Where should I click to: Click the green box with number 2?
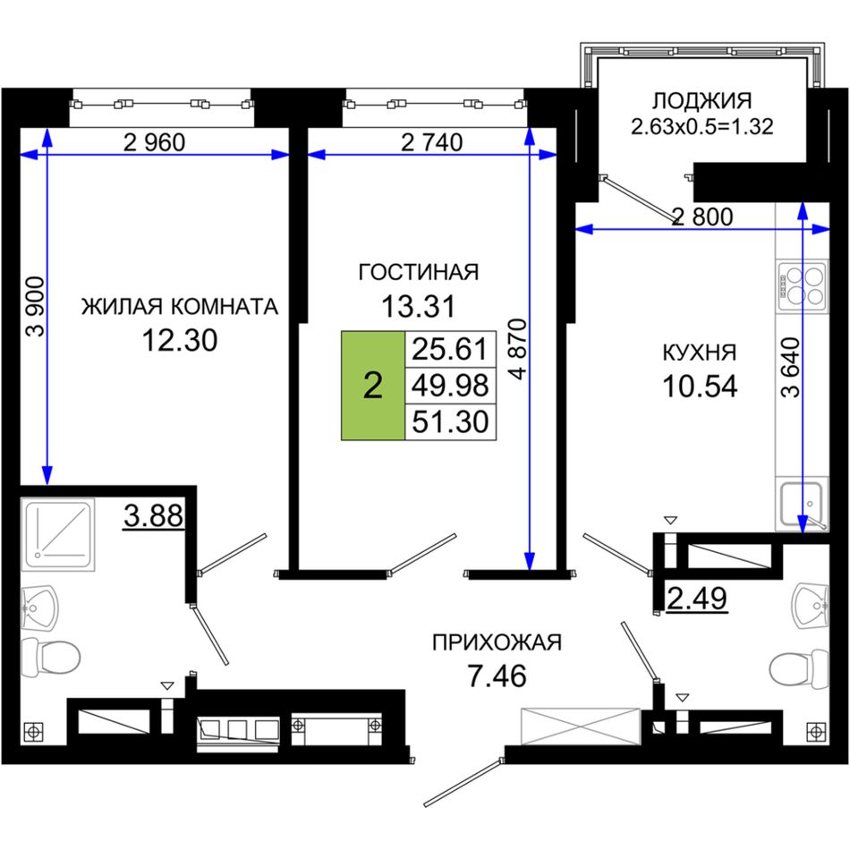(373, 386)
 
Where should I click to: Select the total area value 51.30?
(450, 421)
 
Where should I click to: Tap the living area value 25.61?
(450, 349)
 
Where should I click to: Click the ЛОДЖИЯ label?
(701, 101)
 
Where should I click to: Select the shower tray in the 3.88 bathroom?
(58, 534)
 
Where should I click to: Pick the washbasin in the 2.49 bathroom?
(810, 606)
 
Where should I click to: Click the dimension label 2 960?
(155, 142)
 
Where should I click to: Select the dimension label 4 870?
(518, 349)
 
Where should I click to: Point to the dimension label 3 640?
(790, 367)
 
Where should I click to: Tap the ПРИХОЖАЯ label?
(497, 642)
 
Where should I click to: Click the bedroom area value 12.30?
(180, 340)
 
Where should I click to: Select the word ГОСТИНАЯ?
(419, 272)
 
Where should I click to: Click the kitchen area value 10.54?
(700, 387)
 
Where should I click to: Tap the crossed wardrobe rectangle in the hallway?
(581, 727)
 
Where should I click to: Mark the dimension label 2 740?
(431, 142)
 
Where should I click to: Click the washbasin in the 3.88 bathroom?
(39, 608)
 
